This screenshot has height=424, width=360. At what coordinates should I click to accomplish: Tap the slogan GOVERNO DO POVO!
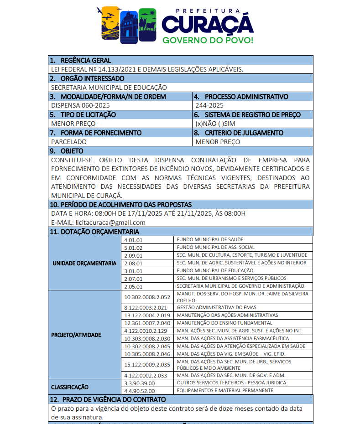click(x=208, y=40)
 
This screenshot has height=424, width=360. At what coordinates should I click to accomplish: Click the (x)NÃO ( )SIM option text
click(x=215, y=124)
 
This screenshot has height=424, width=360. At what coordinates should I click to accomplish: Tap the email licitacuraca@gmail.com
click(x=110, y=222)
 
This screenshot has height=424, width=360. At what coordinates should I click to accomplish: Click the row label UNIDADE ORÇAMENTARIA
click(x=84, y=264)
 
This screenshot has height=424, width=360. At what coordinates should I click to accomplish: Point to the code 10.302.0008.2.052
click(x=147, y=297)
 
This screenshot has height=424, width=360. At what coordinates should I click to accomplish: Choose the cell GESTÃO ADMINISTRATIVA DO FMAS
click(x=211, y=308)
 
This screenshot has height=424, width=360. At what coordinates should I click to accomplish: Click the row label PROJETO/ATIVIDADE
click(x=76, y=335)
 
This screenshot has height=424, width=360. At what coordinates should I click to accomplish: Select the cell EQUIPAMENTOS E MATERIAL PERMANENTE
click(x=225, y=391)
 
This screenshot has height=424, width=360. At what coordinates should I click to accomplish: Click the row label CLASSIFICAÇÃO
click(x=70, y=387)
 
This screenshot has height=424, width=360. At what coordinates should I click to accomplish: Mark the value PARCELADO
click(x=69, y=142)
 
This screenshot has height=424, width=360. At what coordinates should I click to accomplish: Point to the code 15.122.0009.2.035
click(x=147, y=365)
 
